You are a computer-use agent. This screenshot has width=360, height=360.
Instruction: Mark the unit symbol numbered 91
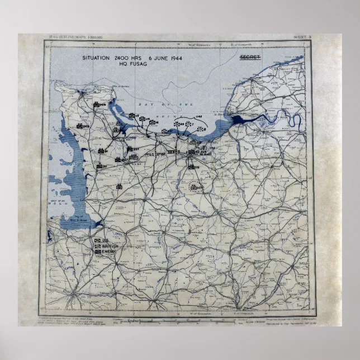pyautogui.click(x=102, y=151)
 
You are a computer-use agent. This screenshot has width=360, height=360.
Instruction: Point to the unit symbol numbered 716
pyautogui.click(x=192, y=166)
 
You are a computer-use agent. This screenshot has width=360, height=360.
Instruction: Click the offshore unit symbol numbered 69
pyautogui.click(x=178, y=124)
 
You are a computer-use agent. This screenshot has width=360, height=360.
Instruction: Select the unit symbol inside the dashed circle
pyautogui.click(x=195, y=187)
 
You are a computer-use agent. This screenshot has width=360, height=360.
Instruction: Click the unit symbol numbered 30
pyautogui.click(x=101, y=166)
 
